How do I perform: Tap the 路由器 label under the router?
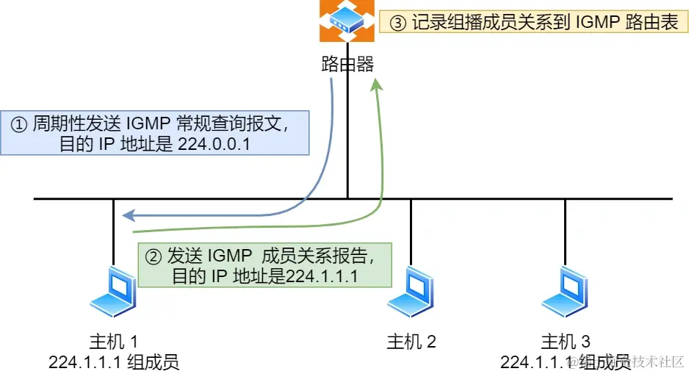click(347, 65)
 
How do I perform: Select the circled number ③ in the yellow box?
click(397, 23)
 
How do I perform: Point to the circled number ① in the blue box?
click(18, 123)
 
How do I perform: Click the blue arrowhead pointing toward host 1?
click(128, 215)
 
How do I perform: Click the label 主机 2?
click(411, 342)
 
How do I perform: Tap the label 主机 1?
click(114, 342)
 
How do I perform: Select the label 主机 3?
click(566, 342)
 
